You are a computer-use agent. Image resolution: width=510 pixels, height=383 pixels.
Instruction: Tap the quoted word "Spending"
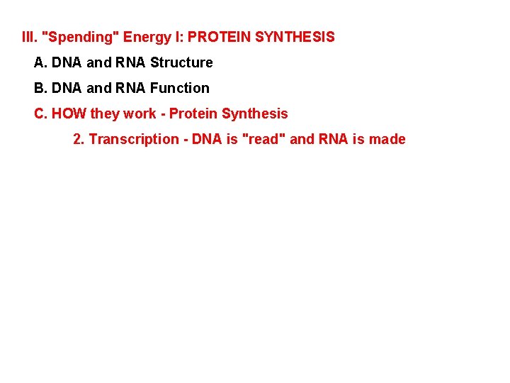pyautogui.click(x=80, y=36)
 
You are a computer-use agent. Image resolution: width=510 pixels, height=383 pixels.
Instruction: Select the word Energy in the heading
pyautogui.click(x=144, y=36)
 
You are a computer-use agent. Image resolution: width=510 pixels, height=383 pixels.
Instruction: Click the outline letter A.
pyautogui.click(x=40, y=62)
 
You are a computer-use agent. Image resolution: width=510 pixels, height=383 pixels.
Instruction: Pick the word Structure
pyautogui.click(x=181, y=62)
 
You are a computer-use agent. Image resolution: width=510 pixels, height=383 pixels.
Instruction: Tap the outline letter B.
pyautogui.click(x=40, y=88)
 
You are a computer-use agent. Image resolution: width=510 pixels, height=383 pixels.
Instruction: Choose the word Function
pyautogui.click(x=180, y=88)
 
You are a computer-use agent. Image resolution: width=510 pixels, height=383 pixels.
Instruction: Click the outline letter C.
pyautogui.click(x=40, y=113)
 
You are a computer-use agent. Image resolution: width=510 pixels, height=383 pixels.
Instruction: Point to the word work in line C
pyautogui.click(x=139, y=113)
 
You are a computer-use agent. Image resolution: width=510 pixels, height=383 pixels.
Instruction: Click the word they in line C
pyautogui.click(x=104, y=113)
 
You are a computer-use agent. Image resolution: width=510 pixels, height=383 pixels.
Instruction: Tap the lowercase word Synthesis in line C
pyautogui.click(x=254, y=113)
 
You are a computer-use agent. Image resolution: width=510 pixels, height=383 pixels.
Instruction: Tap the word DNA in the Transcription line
pyautogui.click(x=206, y=139)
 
